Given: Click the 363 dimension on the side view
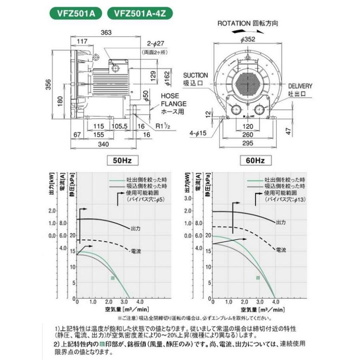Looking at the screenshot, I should coord(106,32).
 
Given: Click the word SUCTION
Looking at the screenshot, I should coord(195,75).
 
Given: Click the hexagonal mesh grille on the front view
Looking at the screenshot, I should coord(249,81).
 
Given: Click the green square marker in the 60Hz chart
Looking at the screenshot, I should coord(258,277).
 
